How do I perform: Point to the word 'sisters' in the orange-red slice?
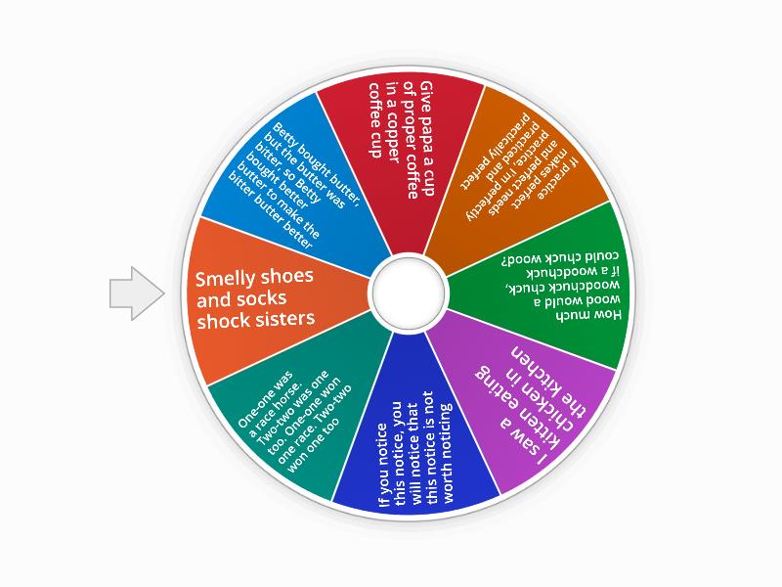tap(282, 319)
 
